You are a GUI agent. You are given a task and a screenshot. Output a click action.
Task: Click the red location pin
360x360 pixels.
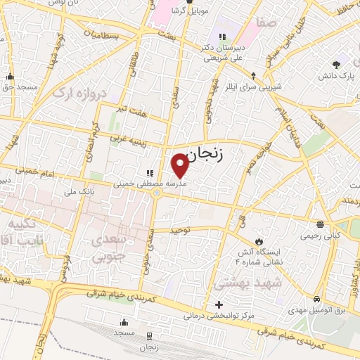(x=181, y=165)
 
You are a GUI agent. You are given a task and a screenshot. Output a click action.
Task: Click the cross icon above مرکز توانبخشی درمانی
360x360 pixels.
(x=219, y=304)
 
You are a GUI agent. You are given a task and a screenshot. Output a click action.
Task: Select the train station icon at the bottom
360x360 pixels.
(x=150, y=337)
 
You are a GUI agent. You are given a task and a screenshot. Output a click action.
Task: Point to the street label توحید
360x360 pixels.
(x=181, y=230)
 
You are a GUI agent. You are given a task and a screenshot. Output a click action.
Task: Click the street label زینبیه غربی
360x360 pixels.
(x=127, y=139)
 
